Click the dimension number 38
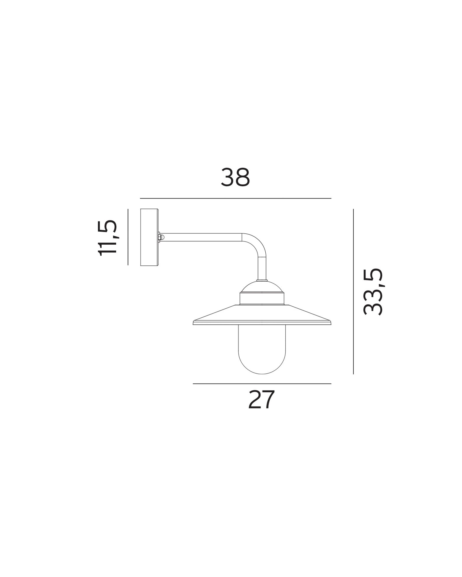[235, 177]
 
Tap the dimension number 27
[261, 400]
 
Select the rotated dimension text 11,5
[107, 238]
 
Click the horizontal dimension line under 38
[235, 198]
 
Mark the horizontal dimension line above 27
[262, 384]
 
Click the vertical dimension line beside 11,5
[128, 237]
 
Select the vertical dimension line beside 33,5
[353, 291]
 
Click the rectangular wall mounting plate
[149, 237]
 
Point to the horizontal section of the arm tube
[202, 237]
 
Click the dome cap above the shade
[262, 287]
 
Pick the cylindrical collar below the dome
[262, 299]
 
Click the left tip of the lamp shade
[194, 323]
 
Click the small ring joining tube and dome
[262, 280]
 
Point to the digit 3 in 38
[228, 177]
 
